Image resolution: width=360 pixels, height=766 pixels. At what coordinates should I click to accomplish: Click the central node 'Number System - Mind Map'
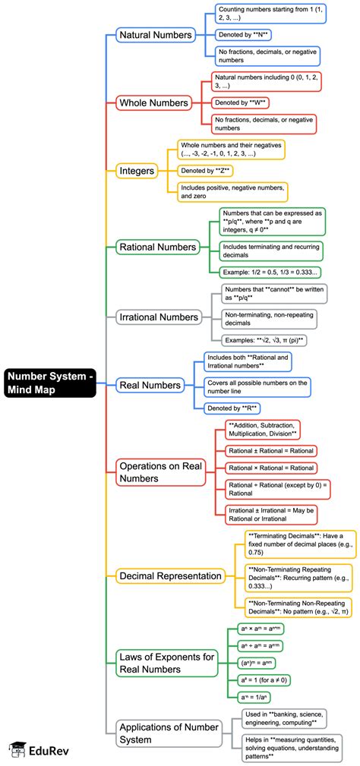tap(50, 382)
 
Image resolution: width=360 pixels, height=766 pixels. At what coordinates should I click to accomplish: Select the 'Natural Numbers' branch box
tap(155, 34)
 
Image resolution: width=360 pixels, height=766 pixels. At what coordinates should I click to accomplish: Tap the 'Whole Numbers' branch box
tap(153, 102)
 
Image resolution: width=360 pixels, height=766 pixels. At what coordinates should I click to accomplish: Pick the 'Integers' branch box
tap(137, 171)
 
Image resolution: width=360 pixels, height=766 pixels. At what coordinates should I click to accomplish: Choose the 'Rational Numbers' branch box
tap(157, 247)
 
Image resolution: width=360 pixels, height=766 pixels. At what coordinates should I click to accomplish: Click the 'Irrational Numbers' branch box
tap(159, 317)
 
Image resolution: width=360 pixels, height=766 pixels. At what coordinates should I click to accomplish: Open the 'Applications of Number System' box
tap(166, 733)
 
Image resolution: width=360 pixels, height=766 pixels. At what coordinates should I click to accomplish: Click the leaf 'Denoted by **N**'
tap(244, 35)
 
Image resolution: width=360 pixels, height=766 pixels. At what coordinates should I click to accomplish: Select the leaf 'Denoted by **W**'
tap(242, 102)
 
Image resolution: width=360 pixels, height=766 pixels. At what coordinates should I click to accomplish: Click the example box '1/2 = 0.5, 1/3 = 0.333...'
tap(269, 271)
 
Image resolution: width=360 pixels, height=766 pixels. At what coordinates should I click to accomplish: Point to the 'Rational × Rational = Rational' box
tap(271, 468)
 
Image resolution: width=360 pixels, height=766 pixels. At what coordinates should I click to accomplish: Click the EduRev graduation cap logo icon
tap(15, 749)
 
